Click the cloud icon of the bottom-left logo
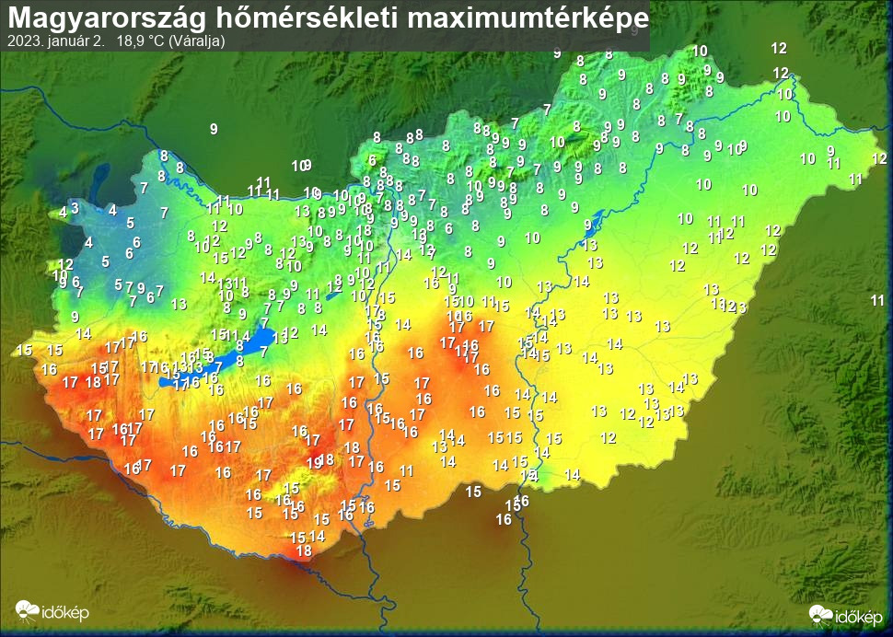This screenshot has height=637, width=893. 26,609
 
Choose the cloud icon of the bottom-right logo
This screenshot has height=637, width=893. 820,613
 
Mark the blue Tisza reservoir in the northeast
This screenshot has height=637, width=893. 593,222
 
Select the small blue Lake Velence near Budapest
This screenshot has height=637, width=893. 333,295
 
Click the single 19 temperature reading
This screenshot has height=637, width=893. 314,462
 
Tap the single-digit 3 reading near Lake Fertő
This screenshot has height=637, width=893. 75,207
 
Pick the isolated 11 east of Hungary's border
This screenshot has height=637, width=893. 877,300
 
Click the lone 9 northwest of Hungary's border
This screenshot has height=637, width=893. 214,129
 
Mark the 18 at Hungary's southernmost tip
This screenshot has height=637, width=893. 304,550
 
